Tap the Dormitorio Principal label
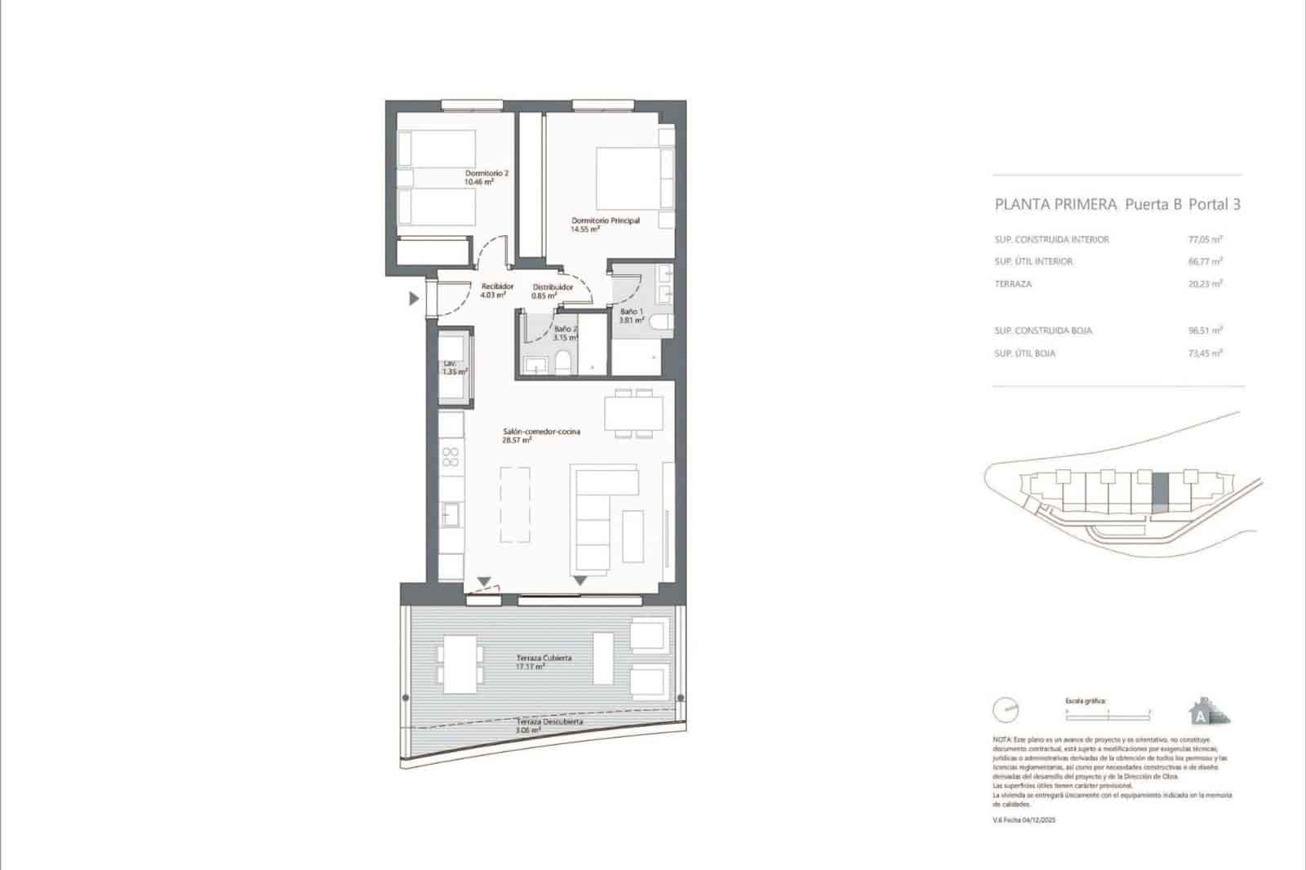pyautogui.click(x=604, y=224)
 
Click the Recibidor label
pyautogui.click(x=496, y=291)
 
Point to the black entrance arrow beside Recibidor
pyautogui.click(x=414, y=299)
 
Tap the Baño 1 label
pyautogui.click(x=631, y=316)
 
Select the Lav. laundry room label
pyautogui.click(x=453, y=367)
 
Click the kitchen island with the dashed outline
pyautogui.click(x=515, y=504)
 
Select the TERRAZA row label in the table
pyautogui.click(x=1013, y=284)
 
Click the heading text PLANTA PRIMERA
pyautogui.click(x=1055, y=205)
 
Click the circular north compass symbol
pyautogui.click(x=1006, y=710)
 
